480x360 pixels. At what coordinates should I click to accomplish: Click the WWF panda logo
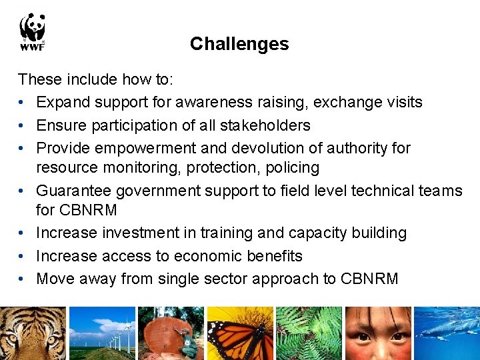(x=32, y=31)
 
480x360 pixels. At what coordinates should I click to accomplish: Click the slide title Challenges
(x=239, y=44)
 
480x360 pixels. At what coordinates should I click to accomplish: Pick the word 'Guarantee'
(x=74, y=191)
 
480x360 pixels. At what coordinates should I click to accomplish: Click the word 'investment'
(x=154, y=233)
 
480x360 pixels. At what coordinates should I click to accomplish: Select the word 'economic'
(x=198, y=256)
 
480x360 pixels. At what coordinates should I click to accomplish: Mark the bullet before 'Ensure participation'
(x=23, y=126)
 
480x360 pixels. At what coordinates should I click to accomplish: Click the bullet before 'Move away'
(x=23, y=279)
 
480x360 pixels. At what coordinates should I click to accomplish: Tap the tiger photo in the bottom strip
(x=33, y=333)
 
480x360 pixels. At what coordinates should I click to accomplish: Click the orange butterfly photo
(x=240, y=333)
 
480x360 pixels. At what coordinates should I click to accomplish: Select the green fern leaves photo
(x=309, y=333)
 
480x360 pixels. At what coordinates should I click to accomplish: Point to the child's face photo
(x=377, y=333)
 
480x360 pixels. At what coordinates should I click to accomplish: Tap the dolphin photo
(x=447, y=333)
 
